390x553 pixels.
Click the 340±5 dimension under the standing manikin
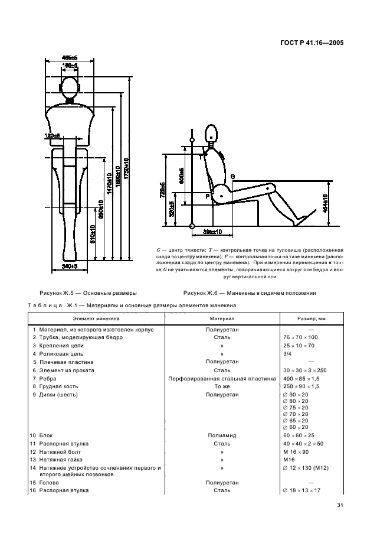pyautogui.click(x=70, y=266)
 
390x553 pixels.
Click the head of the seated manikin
pyautogui.click(x=212, y=132)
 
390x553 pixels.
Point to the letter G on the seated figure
pyautogui.click(x=232, y=176)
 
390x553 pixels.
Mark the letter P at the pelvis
pyautogui.click(x=207, y=194)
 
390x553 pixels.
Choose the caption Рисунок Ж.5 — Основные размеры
pyautogui.click(x=88, y=292)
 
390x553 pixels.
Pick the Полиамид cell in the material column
pyautogui.click(x=222, y=435)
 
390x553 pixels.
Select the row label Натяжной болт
pyautogui.click(x=57, y=451)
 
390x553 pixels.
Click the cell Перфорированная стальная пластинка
pyautogui.click(x=222, y=378)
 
